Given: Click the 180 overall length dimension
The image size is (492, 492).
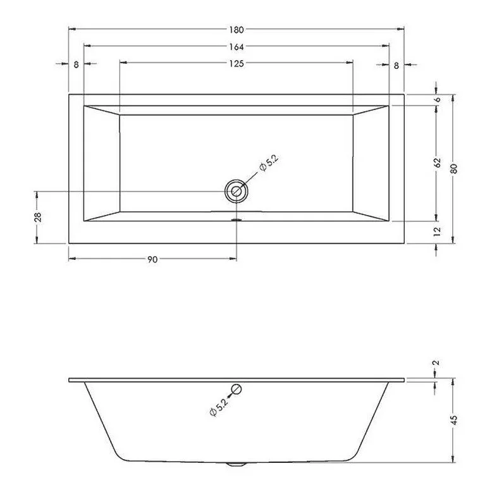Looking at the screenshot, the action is coord(237,30).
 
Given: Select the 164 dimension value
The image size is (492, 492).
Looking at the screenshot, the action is coord(237,47).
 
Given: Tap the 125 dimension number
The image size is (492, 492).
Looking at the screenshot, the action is coord(237,64).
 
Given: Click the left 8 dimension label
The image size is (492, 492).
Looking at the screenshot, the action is coord(77,65).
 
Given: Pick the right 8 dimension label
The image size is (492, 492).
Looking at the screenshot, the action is coord(397,65).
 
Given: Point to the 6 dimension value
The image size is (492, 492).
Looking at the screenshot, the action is coord(438,100).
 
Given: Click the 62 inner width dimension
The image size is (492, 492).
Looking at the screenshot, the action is coord(438,163).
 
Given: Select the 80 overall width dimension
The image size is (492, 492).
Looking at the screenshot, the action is coord(454,168).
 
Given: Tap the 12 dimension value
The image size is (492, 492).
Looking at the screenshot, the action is coord(437,231).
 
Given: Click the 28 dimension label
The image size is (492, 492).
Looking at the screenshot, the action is coord(38,217).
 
